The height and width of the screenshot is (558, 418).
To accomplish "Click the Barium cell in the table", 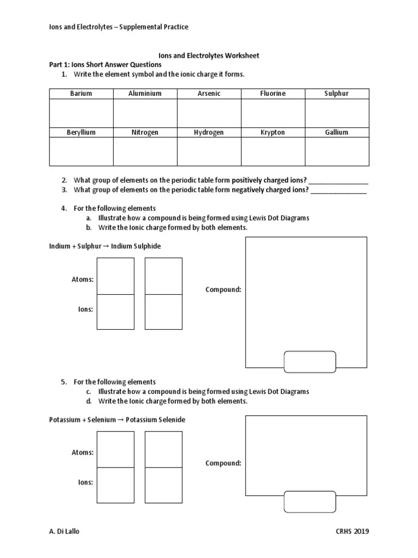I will (81, 94).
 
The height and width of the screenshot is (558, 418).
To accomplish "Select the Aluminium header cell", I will (145, 94).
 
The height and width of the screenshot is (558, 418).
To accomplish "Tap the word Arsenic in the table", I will (209, 94).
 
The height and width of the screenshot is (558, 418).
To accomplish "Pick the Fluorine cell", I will (273, 94).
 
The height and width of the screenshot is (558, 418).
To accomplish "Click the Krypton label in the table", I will (273, 132).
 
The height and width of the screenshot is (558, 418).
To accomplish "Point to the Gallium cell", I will (336, 132).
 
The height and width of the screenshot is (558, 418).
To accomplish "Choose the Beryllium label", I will (81, 132).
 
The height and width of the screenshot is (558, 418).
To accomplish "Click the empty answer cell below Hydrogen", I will (209, 151).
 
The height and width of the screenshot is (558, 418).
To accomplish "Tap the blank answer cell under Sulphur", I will (336, 113).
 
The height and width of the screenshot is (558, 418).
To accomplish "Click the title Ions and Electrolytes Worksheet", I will (208, 56).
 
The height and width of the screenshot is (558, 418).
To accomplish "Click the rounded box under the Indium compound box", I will (310, 362).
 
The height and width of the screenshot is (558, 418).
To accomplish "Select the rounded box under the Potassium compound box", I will (310, 501).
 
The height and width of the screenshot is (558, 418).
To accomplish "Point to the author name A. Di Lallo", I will (65, 532).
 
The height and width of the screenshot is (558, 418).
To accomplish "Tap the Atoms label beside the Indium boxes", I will (83, 279).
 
